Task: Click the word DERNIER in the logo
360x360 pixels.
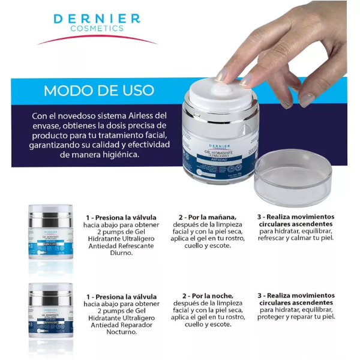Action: pyautogui.click(x=97, y=18)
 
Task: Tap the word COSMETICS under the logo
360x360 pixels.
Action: pyautogui.click(x=97, y=28)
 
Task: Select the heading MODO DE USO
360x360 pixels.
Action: pyautogui.click(x=99, y=91)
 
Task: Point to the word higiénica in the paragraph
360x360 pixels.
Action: pyautogui.click(x=116, y=155)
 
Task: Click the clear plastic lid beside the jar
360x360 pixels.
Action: pyautogui.click(x=292, y=178)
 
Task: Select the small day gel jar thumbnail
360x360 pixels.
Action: pyautogui.click(x=50, y=232)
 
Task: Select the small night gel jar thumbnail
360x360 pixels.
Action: pyautogui.click(x=50, y=311)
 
